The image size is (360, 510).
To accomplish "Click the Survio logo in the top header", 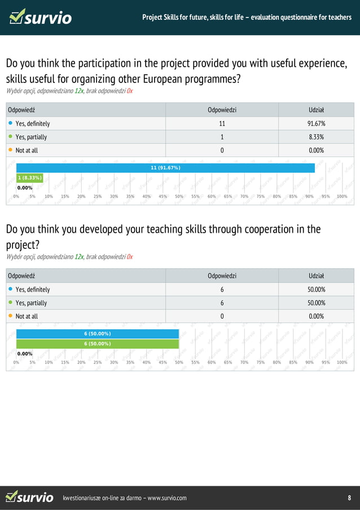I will pyautogui.click(x=41, y=17).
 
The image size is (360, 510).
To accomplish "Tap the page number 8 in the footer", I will pyautogui.click(x=349, y=498).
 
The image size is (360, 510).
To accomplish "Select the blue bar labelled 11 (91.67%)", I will pyautogui.click(x=165, y=168).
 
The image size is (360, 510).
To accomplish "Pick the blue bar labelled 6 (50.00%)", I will pyautogui.click(x=97, y=334).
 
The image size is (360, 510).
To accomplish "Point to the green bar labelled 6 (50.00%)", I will pyautogui.click(x=97, y=343).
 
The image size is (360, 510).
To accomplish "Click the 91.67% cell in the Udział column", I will pyautogui.click(x=316, y=124).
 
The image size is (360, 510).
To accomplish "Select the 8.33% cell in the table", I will pyautogui.click(x=316, y=137).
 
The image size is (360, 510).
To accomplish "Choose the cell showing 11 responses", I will pyautogui.click(x=222, y=124).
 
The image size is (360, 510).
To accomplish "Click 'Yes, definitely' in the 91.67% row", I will pyautogui.click(x=33, y=124).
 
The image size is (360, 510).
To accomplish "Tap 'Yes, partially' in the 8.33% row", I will pyautogui.click(x=31, y=137).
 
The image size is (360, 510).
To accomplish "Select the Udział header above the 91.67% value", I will pyautogui.click(x=316, y=110).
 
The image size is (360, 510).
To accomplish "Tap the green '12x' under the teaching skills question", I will pyautogui.click(x=79, y=257).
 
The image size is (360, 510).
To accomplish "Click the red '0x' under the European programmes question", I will pyautogui.click(x=130, y=91).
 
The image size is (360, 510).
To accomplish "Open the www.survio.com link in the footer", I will pyautogui.click(x=166, y=498).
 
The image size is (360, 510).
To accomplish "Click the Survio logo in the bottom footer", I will pyautogui.click(x=29, y=497).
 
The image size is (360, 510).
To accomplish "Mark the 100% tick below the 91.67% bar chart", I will pyautogui.click(x=342, y=197).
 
